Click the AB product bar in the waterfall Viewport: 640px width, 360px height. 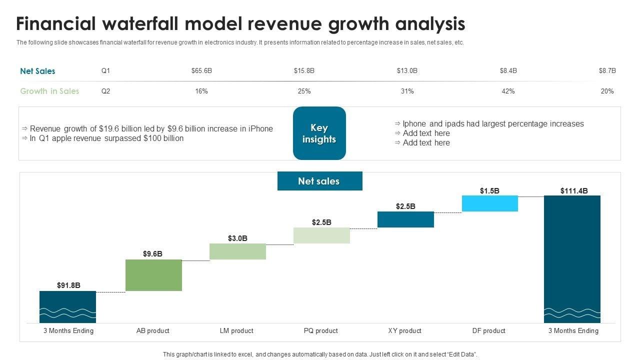153,275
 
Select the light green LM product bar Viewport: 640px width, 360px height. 237,251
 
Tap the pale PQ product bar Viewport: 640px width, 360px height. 321,235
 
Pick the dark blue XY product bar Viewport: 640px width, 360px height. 405,219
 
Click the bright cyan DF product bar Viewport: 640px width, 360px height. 489,203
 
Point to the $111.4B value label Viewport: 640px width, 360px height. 574,190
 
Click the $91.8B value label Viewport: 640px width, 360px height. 68,285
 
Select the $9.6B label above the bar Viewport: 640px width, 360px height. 152,254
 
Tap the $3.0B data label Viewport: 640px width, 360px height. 237,238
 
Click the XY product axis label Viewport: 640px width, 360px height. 405,330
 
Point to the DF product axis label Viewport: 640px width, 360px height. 489,330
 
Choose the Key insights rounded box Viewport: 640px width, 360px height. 319,133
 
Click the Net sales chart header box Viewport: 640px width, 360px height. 319,181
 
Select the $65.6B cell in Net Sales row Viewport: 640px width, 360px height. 201,71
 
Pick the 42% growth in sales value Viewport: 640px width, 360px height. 508,91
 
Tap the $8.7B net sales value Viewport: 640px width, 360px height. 607,71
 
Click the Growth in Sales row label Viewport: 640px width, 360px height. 49,91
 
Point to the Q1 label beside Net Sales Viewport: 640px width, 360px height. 105,71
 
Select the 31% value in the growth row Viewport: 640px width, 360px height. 407,91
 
